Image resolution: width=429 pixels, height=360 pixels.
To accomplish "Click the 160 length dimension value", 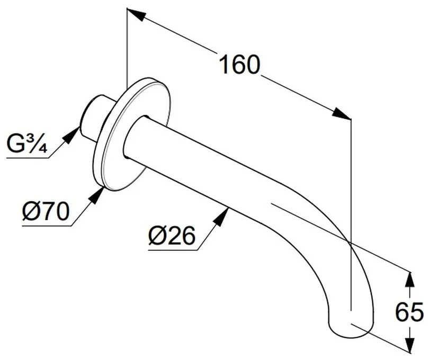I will point(239,65).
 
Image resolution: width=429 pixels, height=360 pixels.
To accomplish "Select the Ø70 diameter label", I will point(46,212).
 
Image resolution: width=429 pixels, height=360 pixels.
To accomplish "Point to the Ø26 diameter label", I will point(172,236).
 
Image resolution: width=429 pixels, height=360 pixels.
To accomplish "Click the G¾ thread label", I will point(27,144).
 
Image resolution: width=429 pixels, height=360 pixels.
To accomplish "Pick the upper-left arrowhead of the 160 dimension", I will point(136,15).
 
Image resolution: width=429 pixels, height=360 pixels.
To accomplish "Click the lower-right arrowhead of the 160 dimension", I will point(342,114).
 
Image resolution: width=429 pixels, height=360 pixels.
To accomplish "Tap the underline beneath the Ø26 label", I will point(172,249).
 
